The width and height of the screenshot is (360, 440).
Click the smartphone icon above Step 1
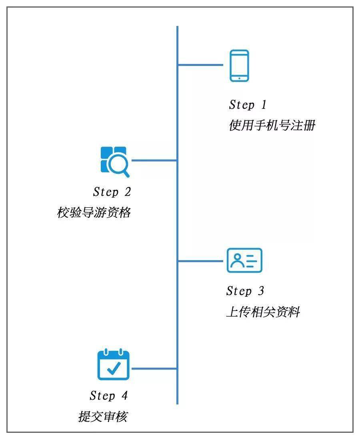239,66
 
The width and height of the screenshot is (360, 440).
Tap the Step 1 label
247,105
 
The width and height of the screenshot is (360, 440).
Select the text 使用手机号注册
272,125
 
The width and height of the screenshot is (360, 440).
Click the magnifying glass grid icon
115,161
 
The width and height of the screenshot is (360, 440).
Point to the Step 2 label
112,192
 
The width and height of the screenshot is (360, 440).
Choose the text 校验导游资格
94,213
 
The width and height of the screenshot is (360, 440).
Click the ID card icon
244,261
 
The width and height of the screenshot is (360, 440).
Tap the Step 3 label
245,291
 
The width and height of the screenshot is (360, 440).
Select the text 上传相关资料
263,312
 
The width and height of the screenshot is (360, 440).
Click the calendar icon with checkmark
114,364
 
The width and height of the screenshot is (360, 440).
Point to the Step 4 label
109,396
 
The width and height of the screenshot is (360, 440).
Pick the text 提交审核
103,416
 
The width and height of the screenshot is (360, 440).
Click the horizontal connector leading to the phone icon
200,65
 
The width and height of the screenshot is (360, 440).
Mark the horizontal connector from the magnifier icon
154,161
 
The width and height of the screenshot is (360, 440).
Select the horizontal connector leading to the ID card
200,261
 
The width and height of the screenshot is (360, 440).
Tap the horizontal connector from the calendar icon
154,368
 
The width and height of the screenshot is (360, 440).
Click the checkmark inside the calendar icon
114,368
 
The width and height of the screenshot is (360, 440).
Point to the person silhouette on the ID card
237,260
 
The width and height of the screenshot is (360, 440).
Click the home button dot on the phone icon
239,78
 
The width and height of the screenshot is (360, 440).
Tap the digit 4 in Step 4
125,395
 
